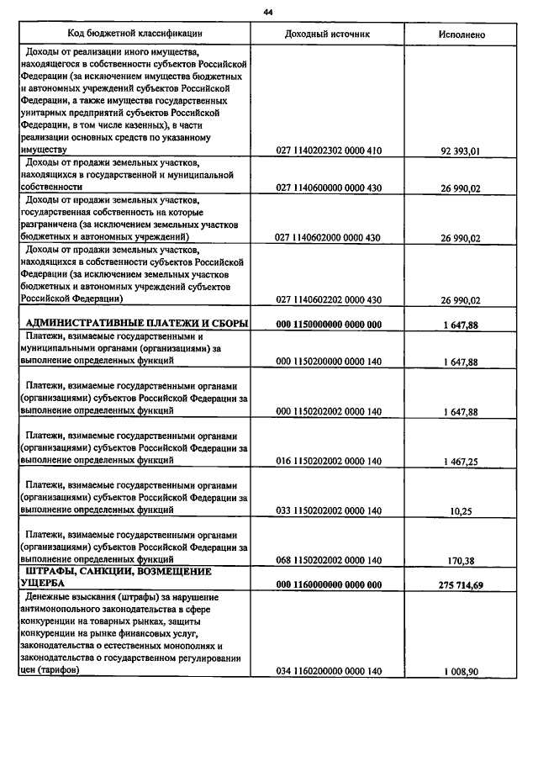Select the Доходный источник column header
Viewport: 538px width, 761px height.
click(327, 34)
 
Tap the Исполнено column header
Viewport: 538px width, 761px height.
click(461, 34)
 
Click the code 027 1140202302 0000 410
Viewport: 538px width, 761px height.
click(329, 151)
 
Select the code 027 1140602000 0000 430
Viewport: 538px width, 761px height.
click(329, 238)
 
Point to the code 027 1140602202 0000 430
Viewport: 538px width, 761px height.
click(329, 299)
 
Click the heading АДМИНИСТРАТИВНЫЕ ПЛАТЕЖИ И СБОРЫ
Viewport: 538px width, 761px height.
click(136, 324)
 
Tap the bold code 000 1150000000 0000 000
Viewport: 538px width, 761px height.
click(329, 325)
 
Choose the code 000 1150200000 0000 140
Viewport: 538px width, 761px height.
click(329, 362)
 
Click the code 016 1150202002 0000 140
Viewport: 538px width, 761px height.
click(329, 462)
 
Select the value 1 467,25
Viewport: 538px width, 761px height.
click(460, 462)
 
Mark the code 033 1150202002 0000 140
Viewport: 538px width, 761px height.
click(329, 510)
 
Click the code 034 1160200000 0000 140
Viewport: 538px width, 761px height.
click(329, 671)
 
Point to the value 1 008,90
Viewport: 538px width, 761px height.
click(460, 671)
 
